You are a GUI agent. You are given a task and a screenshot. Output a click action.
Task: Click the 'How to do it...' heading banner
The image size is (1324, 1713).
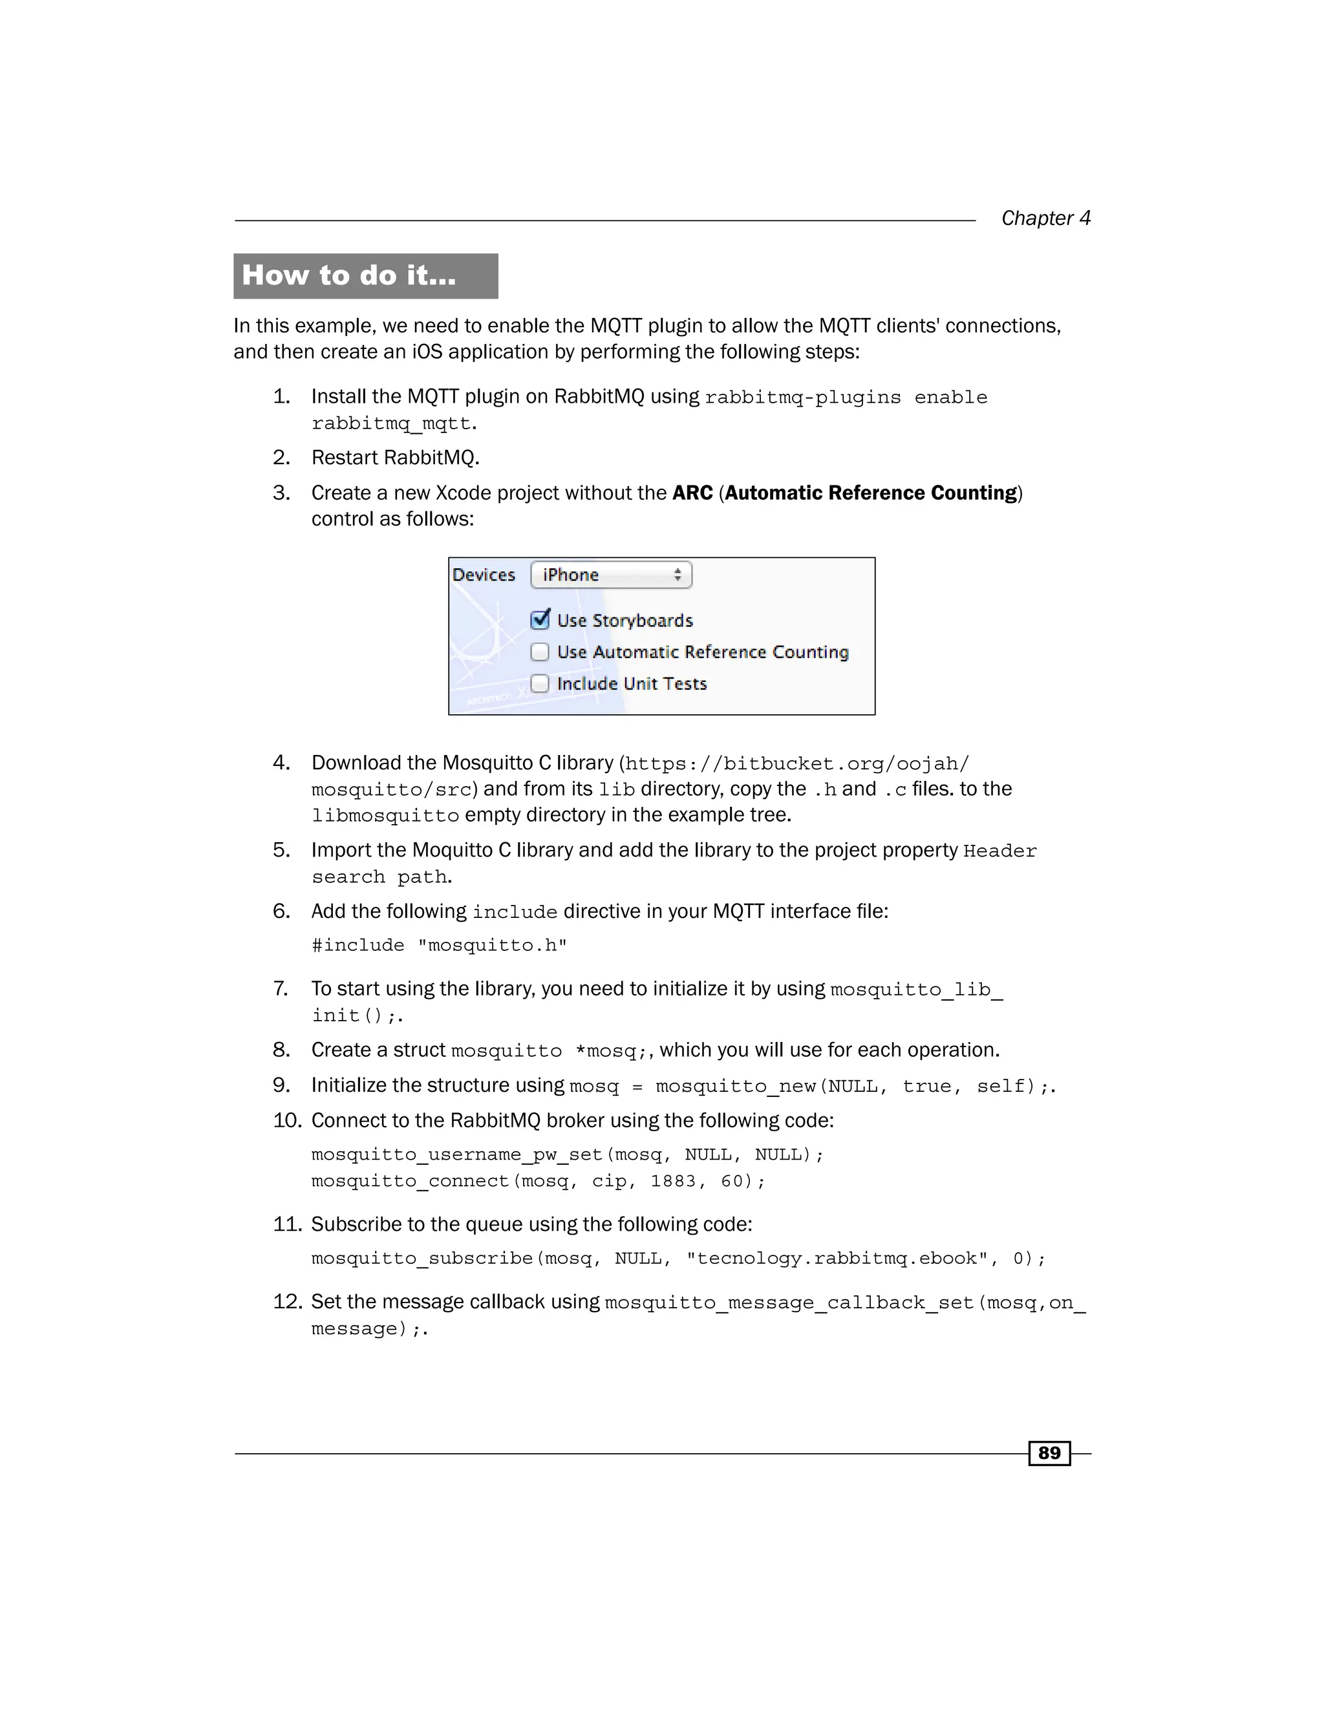click(365, 275)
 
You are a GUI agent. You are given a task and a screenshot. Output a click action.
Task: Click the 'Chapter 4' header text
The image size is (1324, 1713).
click(1045, 218)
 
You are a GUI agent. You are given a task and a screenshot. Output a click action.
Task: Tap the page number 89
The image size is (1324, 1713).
click(1049, 1452)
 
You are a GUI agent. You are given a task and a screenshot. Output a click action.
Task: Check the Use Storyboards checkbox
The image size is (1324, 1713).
click(540, 620)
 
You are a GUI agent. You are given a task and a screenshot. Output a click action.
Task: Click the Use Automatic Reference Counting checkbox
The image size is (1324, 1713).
click(540, 652)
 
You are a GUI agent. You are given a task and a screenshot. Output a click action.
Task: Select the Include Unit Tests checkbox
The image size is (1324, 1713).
click(540, 683)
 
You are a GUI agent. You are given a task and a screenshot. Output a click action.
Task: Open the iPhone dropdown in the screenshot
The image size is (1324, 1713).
click(611, 575)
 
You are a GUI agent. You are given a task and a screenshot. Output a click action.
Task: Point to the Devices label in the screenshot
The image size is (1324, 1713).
click(484, 575)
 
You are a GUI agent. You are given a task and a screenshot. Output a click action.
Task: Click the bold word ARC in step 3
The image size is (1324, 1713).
click(692, 493)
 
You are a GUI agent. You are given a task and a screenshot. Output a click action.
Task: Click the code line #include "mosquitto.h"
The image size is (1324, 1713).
click(439, 945)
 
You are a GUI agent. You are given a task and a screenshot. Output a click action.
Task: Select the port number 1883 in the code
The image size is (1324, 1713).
click(672, 1180)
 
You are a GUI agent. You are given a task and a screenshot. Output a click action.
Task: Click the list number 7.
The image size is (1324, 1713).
click(281, 988)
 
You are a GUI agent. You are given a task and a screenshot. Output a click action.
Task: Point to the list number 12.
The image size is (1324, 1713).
click(287, 1301)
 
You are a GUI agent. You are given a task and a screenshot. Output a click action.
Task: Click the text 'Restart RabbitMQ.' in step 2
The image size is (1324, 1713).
click(395, 457)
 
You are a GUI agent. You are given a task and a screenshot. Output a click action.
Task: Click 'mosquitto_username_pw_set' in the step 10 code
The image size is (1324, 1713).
click(456, 1154)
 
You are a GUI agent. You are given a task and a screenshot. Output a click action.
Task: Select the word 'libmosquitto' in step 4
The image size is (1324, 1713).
click(385, 816)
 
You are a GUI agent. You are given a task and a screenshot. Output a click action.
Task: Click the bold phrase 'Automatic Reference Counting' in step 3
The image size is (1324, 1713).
click(871, 493)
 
